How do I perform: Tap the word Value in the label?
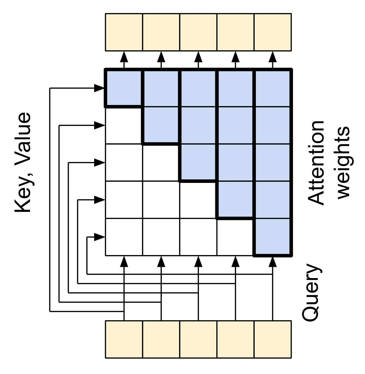click(23, 140)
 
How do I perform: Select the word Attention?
click(316, 163)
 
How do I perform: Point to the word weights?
click(343, 163)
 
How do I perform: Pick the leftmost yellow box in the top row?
click(124, 32)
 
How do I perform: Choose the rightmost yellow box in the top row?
click(273, 32)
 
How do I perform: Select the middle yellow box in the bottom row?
click(198, 339)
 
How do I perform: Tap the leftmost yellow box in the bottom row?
click(124, 339)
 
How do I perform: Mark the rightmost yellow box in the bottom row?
click(273, 339)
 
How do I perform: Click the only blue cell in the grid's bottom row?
click(273, 237)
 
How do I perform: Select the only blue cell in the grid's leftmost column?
click(124, 88)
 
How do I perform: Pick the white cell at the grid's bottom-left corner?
click(124, 237)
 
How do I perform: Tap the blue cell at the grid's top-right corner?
click(273, 88)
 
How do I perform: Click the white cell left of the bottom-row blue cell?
click(235, 237)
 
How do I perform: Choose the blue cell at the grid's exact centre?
click(198, 163)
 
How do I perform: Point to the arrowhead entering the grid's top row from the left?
click(99, 88)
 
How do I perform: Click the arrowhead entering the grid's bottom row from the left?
click(99, 237)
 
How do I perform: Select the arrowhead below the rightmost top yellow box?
click(273, 57)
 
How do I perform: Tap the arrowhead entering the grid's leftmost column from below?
click(124, 262)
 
